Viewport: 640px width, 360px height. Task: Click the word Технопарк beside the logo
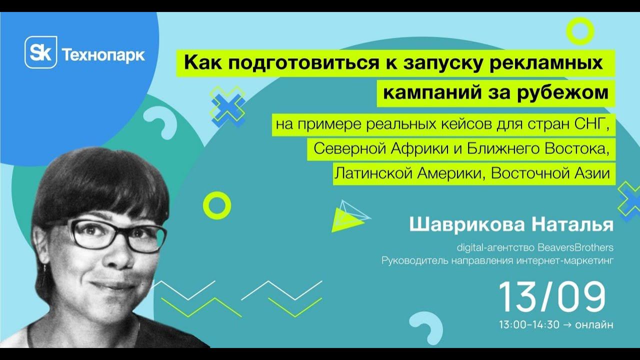click(x=103, y=54)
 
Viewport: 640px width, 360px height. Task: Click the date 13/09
click(x=552, y=297)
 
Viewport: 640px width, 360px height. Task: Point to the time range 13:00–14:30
click(x=529, y=324)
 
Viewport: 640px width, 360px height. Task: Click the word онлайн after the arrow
click(x=594, y=324)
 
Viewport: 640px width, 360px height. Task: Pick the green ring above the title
click(x=580, y=31)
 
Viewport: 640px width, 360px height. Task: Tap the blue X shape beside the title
click(x=227, y=105)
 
